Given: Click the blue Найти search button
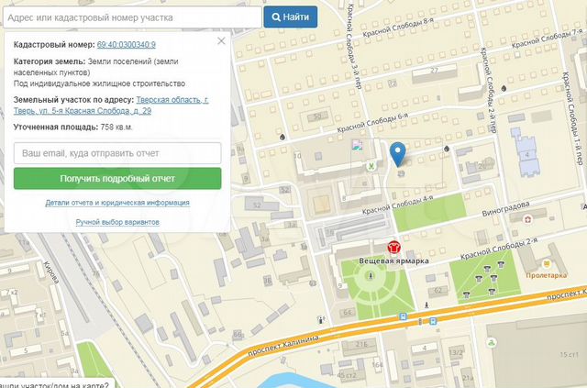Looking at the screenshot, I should tap(290, 17).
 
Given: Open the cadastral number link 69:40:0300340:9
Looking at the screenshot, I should tap(126, 44).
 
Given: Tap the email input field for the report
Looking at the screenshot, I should tap(117, 152).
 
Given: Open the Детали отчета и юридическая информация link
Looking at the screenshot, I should tap(117, 203).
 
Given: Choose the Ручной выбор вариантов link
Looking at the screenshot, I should tap(117, 222).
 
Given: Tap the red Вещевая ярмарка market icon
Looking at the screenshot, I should tap(393, 247).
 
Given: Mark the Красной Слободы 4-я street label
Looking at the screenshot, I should tap(398, 206).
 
